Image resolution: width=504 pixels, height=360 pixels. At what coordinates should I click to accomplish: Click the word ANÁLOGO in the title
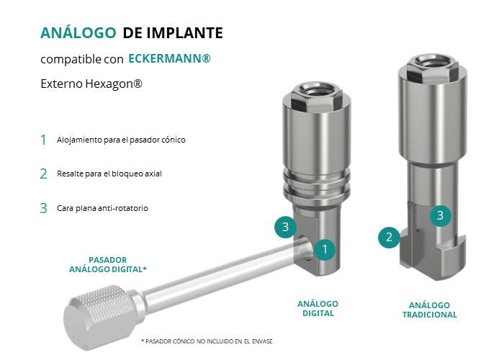click(78, 33)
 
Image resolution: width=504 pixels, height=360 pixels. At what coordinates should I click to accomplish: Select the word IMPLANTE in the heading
click(184, 33)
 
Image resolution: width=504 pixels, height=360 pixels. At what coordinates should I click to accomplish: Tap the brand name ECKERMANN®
click(169, 59)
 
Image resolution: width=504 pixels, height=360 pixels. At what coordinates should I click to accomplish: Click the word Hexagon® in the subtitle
click(114, 84)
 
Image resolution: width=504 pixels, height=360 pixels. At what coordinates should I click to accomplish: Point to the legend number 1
click(43, 140)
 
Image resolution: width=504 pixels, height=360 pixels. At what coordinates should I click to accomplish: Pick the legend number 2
click(43, 174)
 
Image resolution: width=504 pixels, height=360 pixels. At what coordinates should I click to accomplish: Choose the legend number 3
click(43, 208)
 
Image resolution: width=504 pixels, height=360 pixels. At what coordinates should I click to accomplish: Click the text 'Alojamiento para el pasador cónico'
click(121, 140)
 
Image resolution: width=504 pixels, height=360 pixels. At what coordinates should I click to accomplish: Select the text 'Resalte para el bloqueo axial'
click(109, 174)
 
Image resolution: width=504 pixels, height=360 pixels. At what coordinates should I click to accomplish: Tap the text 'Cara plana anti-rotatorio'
click(102, 208)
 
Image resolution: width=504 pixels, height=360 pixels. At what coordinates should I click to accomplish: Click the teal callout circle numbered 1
click(325, 249)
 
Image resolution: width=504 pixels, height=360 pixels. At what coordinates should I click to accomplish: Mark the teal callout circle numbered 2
click(389, 237)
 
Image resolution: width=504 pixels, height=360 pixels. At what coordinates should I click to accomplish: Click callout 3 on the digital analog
click(285, 227)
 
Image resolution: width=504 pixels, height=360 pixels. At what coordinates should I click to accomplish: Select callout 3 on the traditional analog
click(441, 216)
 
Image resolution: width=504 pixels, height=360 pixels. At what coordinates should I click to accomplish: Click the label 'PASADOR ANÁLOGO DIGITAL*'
click(108, 264)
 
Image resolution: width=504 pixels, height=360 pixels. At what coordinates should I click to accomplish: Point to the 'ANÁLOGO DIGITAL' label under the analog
click(318, 309)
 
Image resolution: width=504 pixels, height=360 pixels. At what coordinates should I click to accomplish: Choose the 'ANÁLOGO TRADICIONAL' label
click(430, 310)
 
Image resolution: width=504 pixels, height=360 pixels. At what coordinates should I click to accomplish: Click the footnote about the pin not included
click(207, 341)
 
